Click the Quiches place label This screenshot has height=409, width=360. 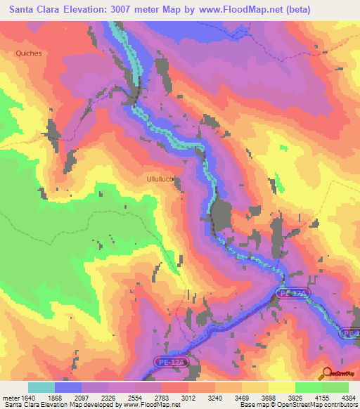[29, 53]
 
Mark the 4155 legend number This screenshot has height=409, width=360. [332, 397]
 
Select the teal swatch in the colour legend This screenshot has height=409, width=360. [41, 387]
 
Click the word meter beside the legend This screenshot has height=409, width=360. [9, 397]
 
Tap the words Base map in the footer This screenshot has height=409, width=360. [250, 405]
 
